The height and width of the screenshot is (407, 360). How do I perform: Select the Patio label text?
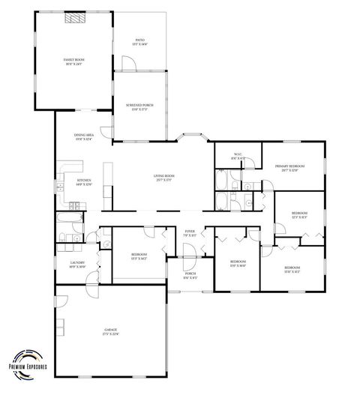point(139,42)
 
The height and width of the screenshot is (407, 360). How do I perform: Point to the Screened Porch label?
point(139,106)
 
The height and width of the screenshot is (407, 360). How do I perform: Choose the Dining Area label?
point(83,136)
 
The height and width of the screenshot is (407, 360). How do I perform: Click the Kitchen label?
point(83,182)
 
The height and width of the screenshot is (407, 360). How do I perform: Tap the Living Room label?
point(164,178)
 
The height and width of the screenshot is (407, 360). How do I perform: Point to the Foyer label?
point(190,233)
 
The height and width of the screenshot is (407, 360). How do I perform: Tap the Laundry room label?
point(77,264)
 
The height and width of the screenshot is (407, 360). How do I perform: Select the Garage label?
point(110,332)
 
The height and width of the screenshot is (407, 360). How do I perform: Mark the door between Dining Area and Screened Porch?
point(112,127)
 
